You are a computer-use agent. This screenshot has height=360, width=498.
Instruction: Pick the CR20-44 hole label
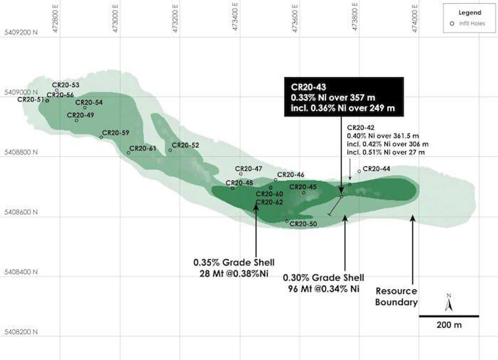[x=377, y=168]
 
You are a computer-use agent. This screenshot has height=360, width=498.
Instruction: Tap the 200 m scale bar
[x=449, y=316]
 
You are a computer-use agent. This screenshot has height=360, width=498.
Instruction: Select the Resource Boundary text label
[x=396, y=297]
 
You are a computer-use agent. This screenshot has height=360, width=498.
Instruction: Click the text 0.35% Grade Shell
[x=234, y=263]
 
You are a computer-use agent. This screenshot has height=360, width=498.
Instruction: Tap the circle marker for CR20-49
[x=77, y=120]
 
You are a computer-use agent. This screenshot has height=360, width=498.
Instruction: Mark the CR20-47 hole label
[x=248, y=168]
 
